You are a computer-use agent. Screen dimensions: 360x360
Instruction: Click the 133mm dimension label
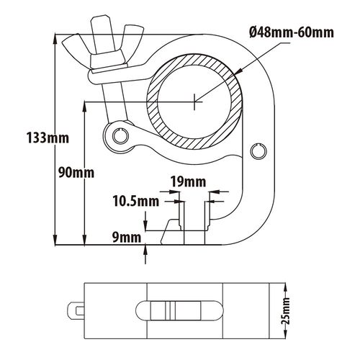(x=48, y=138)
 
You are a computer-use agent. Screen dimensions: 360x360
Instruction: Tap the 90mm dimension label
(x=76, y=173)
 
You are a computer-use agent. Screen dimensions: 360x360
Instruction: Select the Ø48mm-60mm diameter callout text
(x=292, y=32)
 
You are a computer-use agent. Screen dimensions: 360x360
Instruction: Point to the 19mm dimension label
(x=189, y=182)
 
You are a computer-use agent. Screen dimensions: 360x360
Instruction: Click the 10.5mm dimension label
(x=136, y=201)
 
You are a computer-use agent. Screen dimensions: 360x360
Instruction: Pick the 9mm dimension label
(x=127, y=238)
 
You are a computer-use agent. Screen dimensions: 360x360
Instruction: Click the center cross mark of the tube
(x=194, y=102)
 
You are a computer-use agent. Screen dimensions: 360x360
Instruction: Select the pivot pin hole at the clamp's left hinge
(x=120, y=136)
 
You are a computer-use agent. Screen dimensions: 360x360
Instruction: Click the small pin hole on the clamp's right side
(x=258, y=151)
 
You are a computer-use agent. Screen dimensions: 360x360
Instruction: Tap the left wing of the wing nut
(x=75, y=45)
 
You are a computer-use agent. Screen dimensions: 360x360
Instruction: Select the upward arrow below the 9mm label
(x=145, y=254)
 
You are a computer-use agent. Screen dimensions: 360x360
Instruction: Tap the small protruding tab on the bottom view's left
(x=76, y=311)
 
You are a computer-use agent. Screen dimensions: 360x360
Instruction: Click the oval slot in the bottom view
(x=179, y=310)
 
